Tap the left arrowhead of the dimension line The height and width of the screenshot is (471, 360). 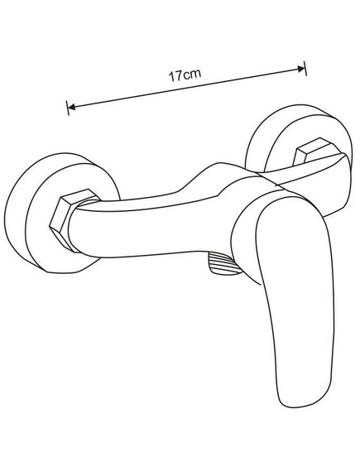pyautogui.click(x=71, y=107)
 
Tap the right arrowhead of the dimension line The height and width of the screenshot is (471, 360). pyautogui.click(x=301, y=69)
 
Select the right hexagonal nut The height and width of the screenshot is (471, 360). pyautogui.click(x=315, y=152)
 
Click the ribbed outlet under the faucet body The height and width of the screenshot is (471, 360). pyautogui.click(x=223, y=263)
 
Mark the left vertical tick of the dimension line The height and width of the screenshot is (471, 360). pyautogui.click(x=68, y=108)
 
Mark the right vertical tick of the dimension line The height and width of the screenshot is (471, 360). pyautogui.click(x=305, y=68)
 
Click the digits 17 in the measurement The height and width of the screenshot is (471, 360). pyautogui.click(x=175, y=76)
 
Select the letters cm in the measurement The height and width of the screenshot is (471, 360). pyautogui.click(x=191, y=74)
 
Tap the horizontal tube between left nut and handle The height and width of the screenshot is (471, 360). pyautogui.click(x=150, y=228)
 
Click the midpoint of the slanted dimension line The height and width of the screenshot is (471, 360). pyautogui.click(x=186, y=88)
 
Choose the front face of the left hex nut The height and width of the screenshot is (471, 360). pyautogui.click(x=61, y=223)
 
